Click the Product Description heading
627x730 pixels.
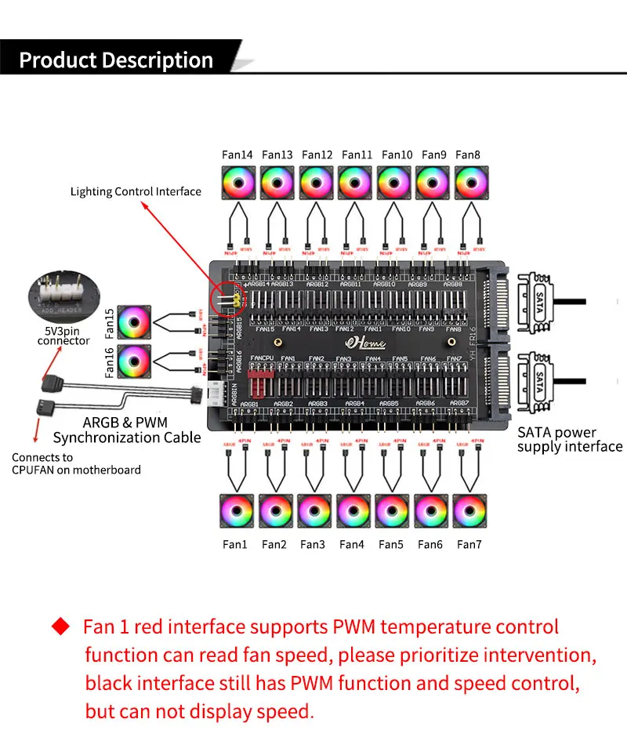116,60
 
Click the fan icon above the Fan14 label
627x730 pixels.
237,182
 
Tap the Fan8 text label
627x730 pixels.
468,155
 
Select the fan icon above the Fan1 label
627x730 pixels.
235,511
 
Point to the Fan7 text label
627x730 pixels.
469,544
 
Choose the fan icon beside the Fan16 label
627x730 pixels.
134,361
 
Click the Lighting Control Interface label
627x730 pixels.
136,191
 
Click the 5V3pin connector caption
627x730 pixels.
63,336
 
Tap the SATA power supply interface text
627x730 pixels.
570,440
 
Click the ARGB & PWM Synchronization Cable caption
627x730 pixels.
127,430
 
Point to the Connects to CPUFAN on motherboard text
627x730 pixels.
76,463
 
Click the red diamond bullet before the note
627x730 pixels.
62,626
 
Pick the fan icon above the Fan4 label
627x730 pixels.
353,511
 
